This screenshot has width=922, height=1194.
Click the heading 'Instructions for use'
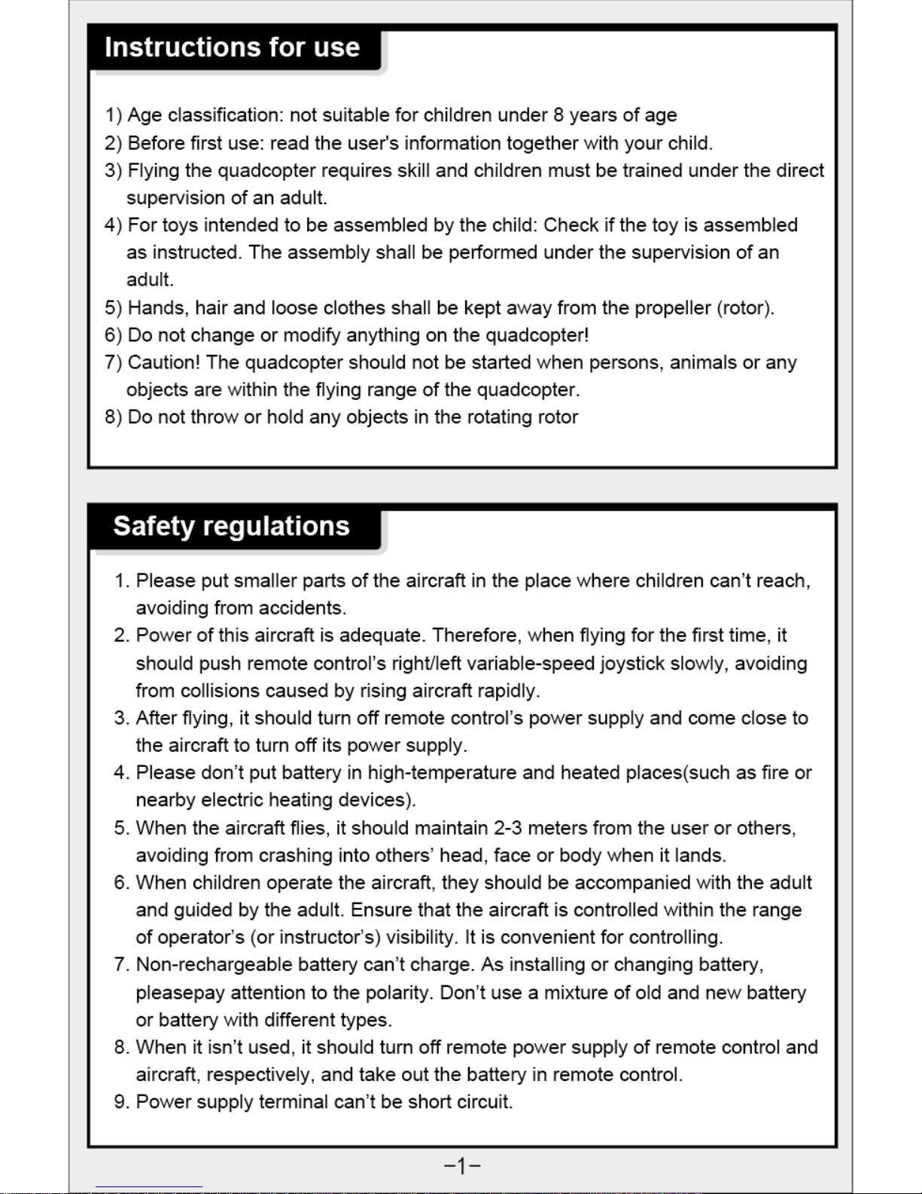[x=232, y=47]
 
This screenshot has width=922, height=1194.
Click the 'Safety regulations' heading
[x=231, y=526]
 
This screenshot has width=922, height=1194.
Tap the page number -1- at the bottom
[x=462, y=1166]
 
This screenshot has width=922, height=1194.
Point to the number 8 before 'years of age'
[x=558, y=115]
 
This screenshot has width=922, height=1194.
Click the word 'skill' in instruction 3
[x=413, y=170]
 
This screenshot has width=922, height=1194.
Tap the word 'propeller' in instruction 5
[x=672, y=308]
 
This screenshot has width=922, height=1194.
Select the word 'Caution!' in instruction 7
[x=163, y=362]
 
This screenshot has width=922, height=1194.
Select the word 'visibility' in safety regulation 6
[x=421, y=937]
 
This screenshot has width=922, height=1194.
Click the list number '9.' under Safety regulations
[x=122, y=1102]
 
